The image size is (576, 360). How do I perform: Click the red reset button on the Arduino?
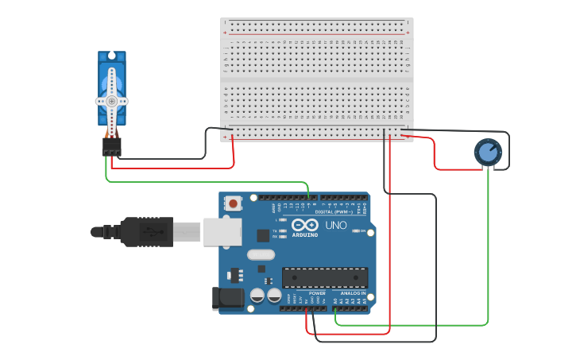(233, 203)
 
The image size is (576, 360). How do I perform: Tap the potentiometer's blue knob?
(487, 152)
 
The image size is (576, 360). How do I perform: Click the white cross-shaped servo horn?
(112, 100)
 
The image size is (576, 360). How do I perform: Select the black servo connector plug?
(111, 147)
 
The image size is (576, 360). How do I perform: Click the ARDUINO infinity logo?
(304, 226)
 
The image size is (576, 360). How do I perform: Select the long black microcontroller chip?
(325, 277)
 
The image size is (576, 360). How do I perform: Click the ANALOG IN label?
(353, 293)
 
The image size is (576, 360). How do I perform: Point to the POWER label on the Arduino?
(317, 293)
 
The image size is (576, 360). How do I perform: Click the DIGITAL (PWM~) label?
(334, 212)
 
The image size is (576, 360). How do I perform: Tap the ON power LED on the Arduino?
(356, 231)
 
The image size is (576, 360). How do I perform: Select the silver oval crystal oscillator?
(261, 255)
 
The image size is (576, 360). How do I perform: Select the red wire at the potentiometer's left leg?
(457, 168)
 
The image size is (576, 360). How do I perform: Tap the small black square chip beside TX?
(263, 235)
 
